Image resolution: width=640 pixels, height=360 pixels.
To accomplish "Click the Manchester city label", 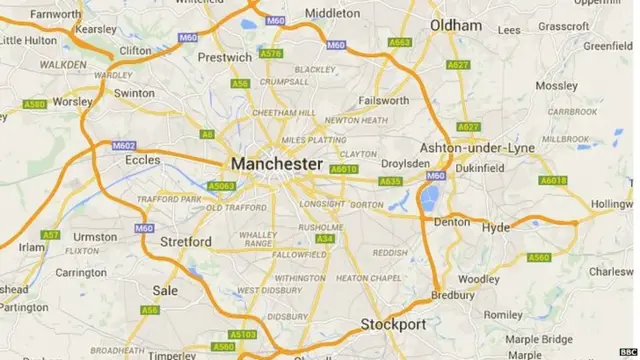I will click(276, 163).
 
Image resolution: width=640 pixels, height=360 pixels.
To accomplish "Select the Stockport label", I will click(393, 324).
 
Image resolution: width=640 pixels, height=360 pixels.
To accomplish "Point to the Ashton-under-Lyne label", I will click(479, 147).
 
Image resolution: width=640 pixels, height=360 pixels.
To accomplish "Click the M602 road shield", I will click(123, 146).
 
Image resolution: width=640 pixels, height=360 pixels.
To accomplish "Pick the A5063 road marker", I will click(220, 186).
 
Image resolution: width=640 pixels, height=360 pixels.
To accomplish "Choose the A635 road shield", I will click(390, 182).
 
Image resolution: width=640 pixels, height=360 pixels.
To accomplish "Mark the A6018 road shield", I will click(553, 181).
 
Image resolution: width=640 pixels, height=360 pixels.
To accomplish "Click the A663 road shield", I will click(400, 42).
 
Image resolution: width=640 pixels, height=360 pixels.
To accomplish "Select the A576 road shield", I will click(270, 53).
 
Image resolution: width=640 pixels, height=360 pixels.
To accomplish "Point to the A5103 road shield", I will click(243, 334).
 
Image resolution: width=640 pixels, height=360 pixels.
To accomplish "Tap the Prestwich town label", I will click(225, 57).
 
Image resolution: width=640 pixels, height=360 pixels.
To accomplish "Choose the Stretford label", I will click(186, 241).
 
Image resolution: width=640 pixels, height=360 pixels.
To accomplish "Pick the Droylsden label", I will click(404, 163).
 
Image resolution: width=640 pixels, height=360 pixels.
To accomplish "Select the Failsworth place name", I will click(384, 101).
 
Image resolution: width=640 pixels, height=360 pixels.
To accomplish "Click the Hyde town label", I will click(496, 228).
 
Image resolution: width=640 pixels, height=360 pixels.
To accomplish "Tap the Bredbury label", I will click(452, 295).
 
